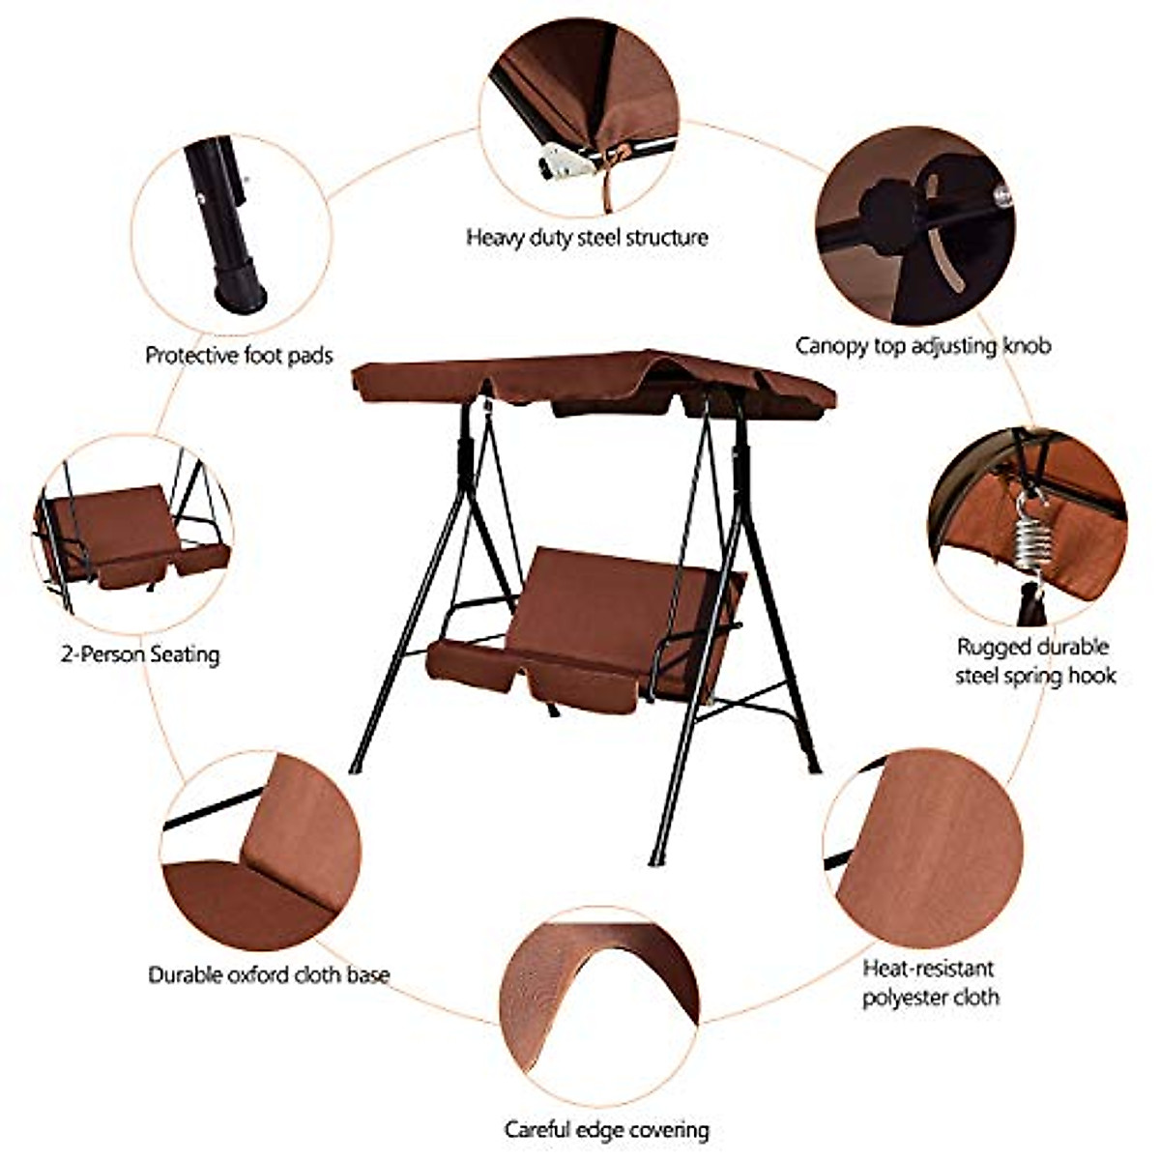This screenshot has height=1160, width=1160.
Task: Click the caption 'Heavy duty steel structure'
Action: click(587, 237)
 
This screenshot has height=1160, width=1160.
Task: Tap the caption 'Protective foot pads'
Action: click(239, 355)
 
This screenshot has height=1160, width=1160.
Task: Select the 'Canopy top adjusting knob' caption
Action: click(922, 344)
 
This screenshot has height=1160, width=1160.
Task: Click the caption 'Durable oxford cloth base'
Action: click(269, 974)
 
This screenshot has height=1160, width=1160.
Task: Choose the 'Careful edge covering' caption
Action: click(606, 1129)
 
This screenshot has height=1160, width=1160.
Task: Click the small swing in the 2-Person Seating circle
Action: click(130, 536)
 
